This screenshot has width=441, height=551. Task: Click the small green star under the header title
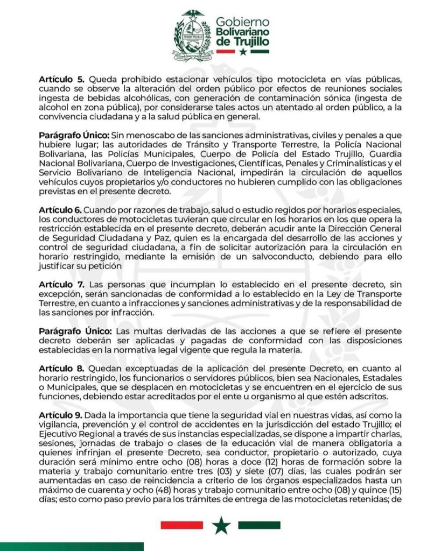point(242,52)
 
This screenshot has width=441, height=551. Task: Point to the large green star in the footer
point(220,525)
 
